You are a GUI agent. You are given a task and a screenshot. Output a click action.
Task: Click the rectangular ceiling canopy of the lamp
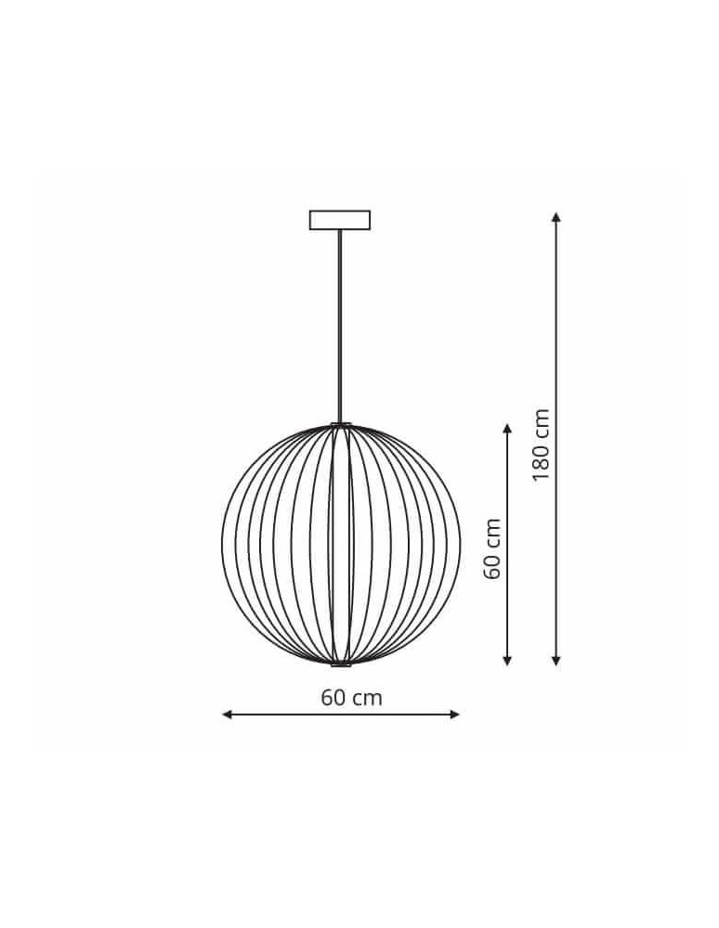pos(340,220)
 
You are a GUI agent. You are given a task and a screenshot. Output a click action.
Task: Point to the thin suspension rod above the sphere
pos(340,325)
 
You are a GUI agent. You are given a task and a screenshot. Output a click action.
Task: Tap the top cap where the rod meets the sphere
pos(341,425)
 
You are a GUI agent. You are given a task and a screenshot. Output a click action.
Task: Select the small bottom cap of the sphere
pos(341,664)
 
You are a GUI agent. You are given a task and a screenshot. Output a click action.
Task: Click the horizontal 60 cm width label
pos(352,698)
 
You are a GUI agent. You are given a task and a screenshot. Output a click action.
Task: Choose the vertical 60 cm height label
pos(492,548)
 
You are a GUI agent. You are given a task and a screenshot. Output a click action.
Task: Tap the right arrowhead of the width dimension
pos(455,714)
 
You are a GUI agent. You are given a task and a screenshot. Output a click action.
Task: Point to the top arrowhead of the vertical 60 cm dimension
pos(507,429)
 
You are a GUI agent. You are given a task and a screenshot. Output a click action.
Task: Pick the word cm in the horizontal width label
pos(368,698)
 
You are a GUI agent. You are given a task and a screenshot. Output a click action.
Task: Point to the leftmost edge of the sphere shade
pos(223,545)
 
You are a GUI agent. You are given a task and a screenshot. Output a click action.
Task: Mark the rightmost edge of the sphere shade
pos(460,545)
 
